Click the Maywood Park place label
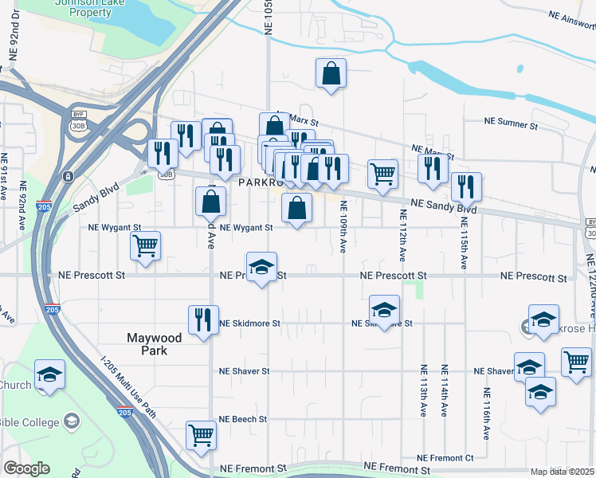click(x=155, y=344)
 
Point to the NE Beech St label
click(x=243, y=419)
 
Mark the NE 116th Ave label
click(x=485, y=414)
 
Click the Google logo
click(x=26, y=468)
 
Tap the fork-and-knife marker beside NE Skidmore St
click(x=202, y=319)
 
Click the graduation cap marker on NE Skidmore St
click(x=384, y=310)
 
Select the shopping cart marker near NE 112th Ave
click(x=383, y=173)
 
